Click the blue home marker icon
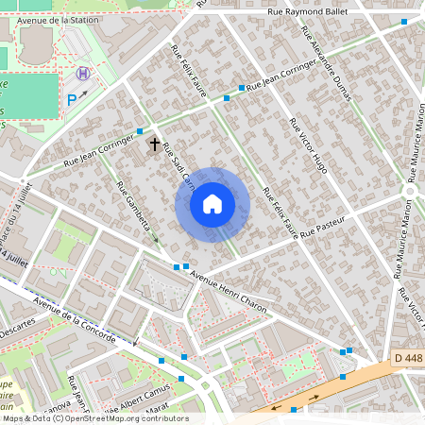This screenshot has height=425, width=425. (x=212, y=204)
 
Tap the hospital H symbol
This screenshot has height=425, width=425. (x=84, y=73)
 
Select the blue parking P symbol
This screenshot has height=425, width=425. (x=72, y=98)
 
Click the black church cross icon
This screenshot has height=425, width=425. (x=155, y=144)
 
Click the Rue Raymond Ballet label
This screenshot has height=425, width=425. (x=308, y=11)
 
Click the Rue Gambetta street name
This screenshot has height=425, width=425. (x=133, y=209)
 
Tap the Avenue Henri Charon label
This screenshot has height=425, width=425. (x=229, y=292)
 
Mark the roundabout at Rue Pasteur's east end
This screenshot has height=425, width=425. (x=409, y=191)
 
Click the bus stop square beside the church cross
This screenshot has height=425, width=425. (x=140, y=131)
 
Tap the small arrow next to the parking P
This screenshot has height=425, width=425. (x=84, y=93)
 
